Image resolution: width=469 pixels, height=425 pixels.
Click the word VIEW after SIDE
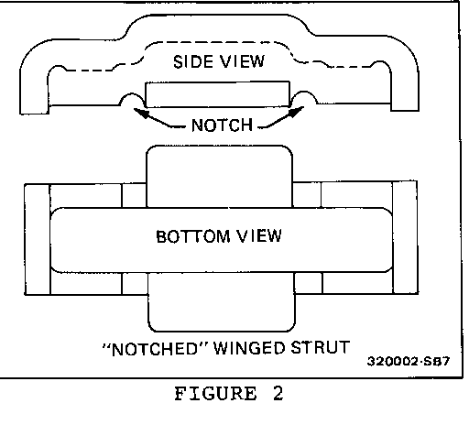pyautogui.click(x=243, y=62)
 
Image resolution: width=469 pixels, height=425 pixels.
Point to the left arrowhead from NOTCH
pyautogui.click(x=137, y=110)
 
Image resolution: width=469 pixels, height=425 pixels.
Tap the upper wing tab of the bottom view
pyautogui.click(x=219, y=174)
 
